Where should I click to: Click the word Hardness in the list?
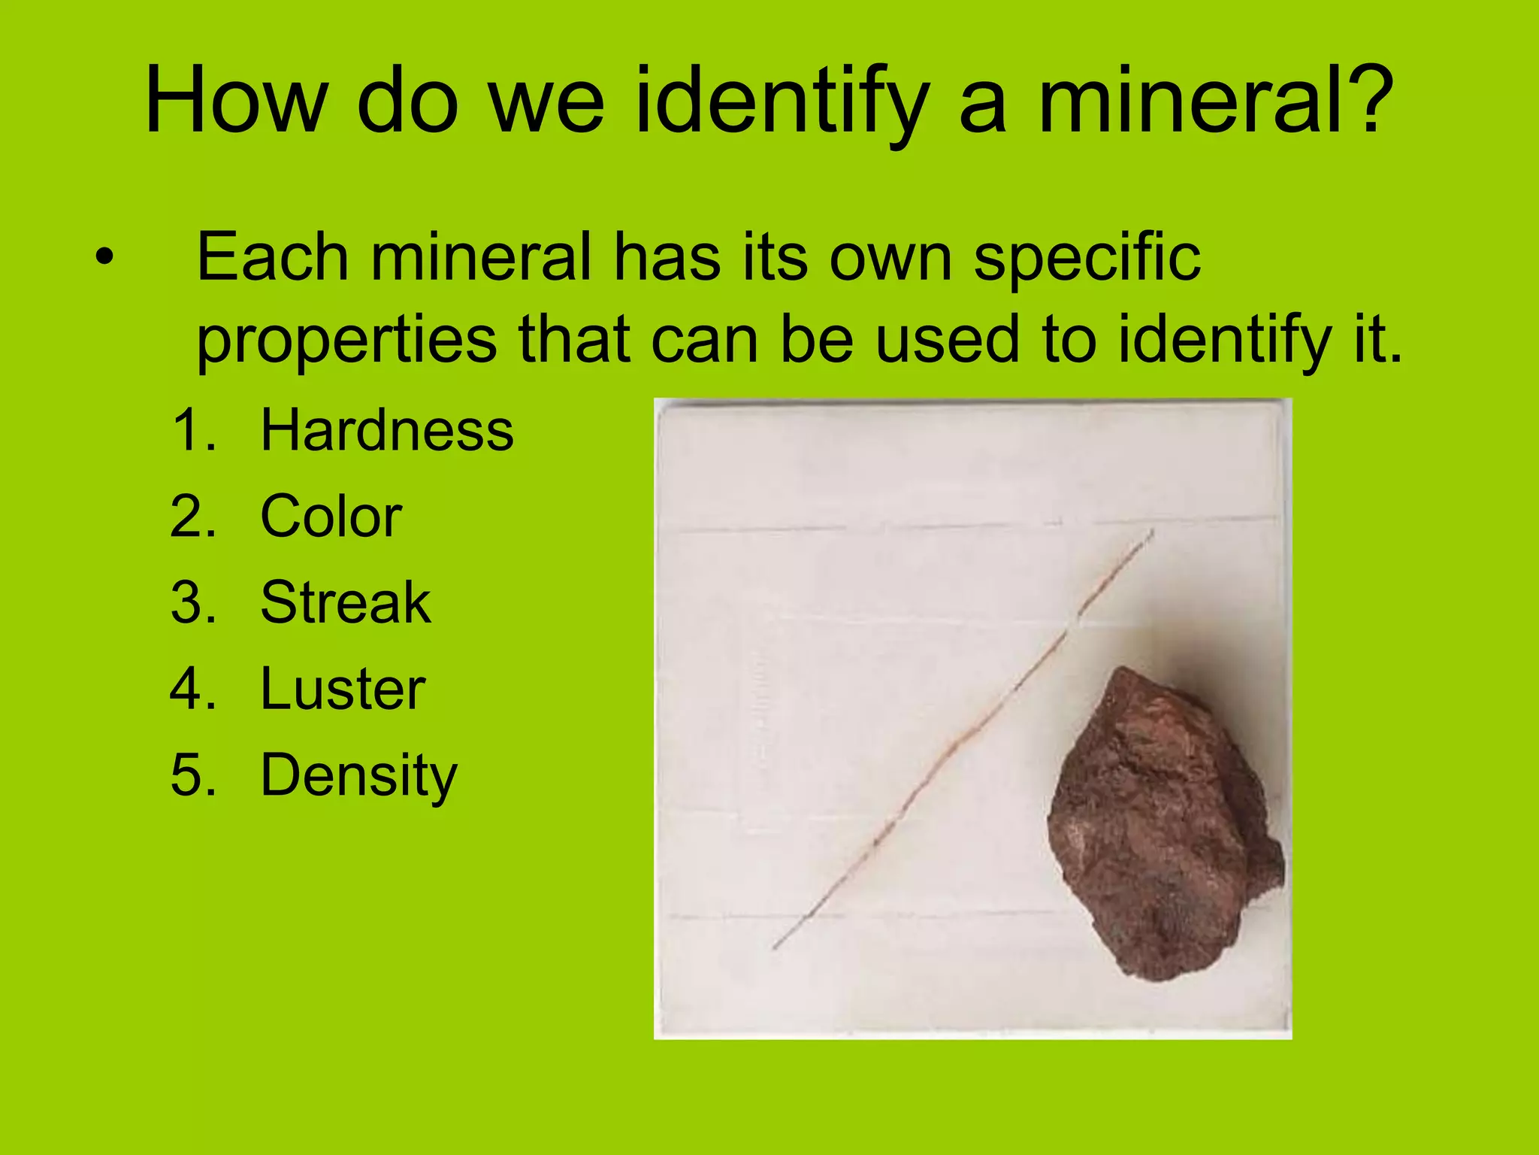pyautogui.click(x=386, y=430)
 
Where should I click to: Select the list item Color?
pyautogui.click(x=331, y=517)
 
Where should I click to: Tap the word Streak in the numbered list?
pyautogui.click(x=345, y=603)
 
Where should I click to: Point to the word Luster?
pyautogui.click(x=343, y=690)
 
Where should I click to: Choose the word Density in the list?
pyautogui.click(x=358, y=776)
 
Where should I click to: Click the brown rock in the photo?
pyautogui.click(x=1162, y=824)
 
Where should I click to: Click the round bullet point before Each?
pyautogui.click(x=104, y=259)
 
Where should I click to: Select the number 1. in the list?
pyautogui.click(x=195, y=431)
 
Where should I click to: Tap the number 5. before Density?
pyautogui.click(x=194, y=776)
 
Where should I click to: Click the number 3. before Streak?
pyautogui.click(x=194, y=603)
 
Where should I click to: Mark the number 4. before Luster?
pyautogui.click(x=194, y=690)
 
